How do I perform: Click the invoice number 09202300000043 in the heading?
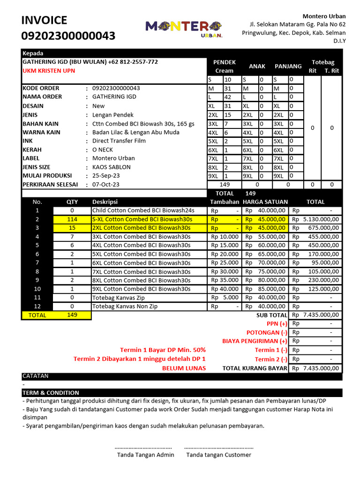68,36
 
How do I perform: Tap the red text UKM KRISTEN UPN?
49,71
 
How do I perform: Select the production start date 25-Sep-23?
106,176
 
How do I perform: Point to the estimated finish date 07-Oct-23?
106,185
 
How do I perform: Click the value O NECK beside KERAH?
103,150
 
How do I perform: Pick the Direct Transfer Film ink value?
119,141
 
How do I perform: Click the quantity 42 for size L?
228,97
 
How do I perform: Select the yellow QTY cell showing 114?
72,219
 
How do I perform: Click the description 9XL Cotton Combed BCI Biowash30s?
142,289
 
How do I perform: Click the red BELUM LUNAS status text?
184,368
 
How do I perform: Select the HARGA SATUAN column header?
265,202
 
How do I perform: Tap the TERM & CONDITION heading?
51,393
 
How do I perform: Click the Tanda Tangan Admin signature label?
145,455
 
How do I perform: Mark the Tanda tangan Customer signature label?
218,455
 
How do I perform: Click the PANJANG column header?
288,67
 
